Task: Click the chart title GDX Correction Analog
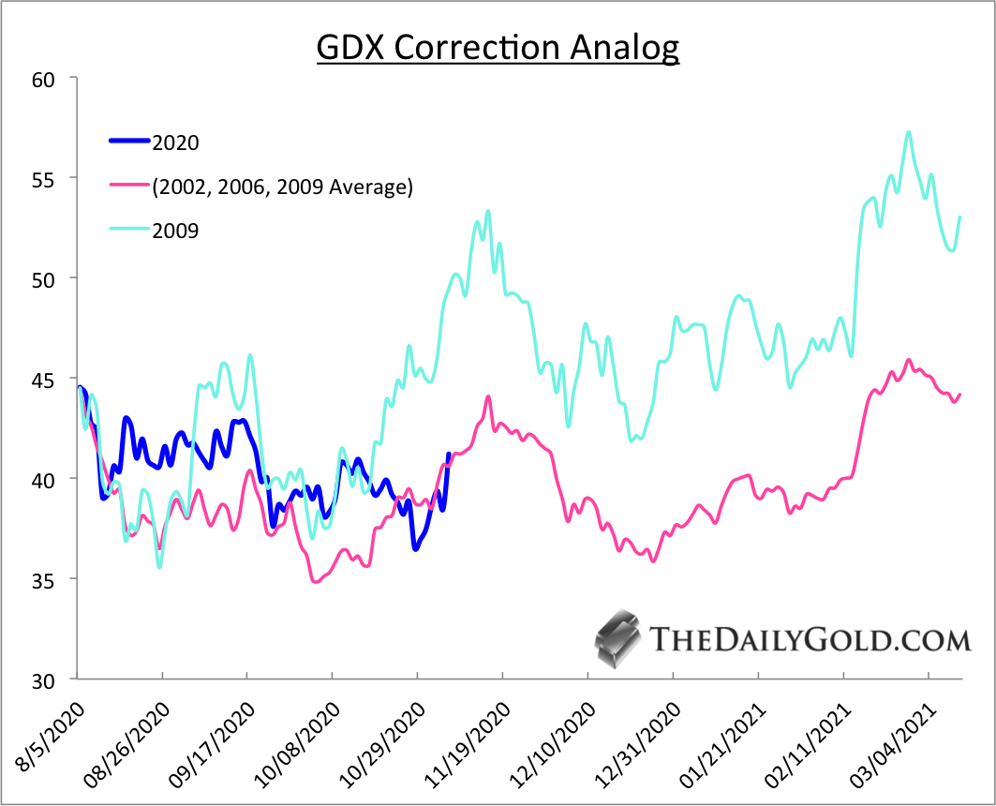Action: pos(498,47)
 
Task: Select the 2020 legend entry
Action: pos(176,142)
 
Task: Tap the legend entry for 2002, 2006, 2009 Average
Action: pos(282,187)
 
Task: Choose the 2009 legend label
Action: pos(175,231)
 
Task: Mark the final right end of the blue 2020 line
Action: pos(449,455)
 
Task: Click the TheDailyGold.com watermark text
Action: pos(810,641)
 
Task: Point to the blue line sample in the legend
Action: pos(129,142)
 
